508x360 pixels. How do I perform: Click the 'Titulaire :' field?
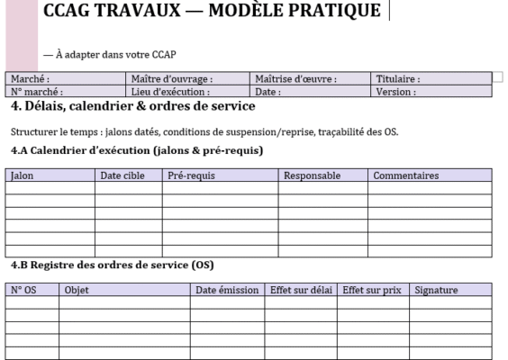[x=397, y=79]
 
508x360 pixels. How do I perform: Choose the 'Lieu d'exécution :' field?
[x=170, y=91]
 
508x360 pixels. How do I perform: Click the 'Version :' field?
[x=395, y=91]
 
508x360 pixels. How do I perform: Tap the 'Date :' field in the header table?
[x=268, y=91]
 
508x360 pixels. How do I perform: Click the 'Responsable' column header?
[x=312, y=175]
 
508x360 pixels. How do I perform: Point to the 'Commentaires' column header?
[x=406, y=175]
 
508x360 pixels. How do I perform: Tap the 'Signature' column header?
[x=436, y=290]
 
